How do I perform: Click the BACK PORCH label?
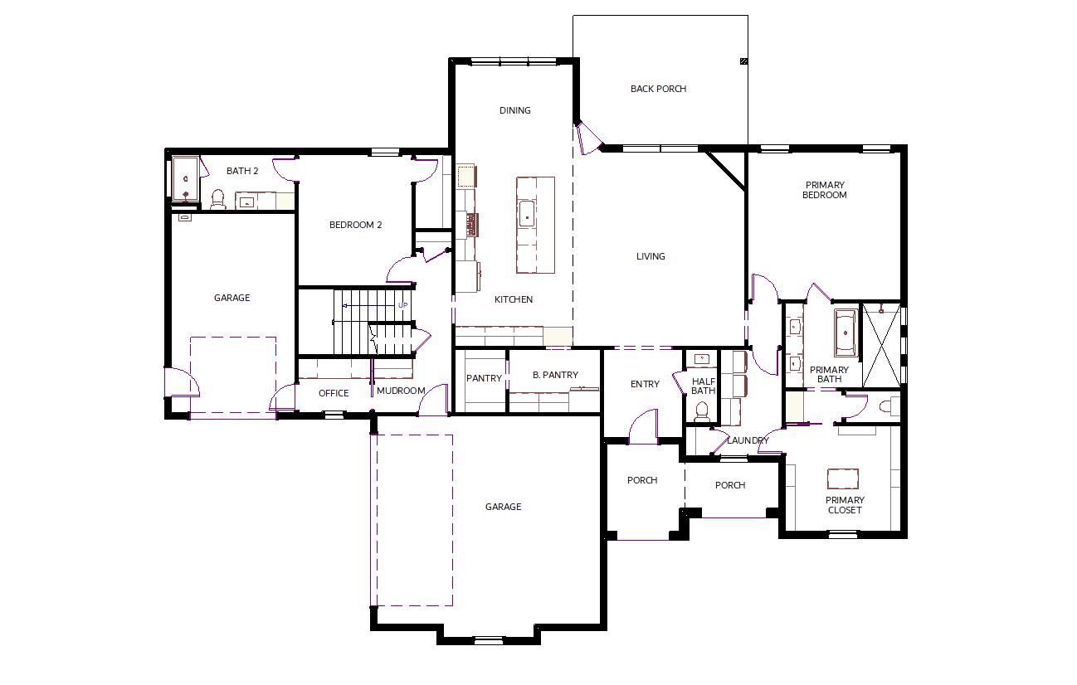[658, 89]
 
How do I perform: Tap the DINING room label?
[515, 110]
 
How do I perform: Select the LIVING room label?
[651, 257]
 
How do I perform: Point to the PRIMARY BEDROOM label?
[825, 190]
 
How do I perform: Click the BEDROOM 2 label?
[355, 225]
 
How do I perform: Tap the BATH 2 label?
[242, 171]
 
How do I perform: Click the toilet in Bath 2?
[218, 200]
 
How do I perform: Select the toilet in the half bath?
[703, 412]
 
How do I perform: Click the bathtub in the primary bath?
[846, 333]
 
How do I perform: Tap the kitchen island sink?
[527, 215]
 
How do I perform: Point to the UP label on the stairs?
[403, 305]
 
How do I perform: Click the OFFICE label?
[334, 393]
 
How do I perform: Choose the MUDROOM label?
[401, 391]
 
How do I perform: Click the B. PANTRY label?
[555, 375]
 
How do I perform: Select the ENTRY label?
[645, 384]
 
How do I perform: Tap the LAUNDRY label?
[748, 440]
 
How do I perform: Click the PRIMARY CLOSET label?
[845, 505]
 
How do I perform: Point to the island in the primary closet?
[843, 479]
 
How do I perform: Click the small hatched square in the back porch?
[743, 61]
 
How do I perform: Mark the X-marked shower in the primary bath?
[882, 345]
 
